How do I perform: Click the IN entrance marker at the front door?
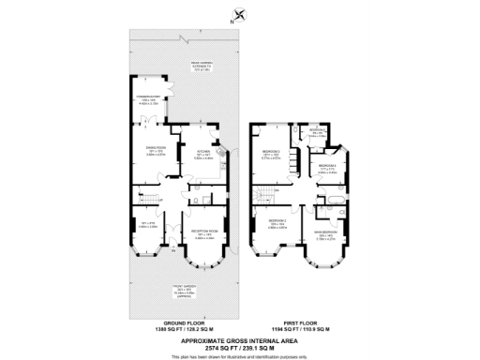tap(172, 250)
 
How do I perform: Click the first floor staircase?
tap(265, 195)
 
